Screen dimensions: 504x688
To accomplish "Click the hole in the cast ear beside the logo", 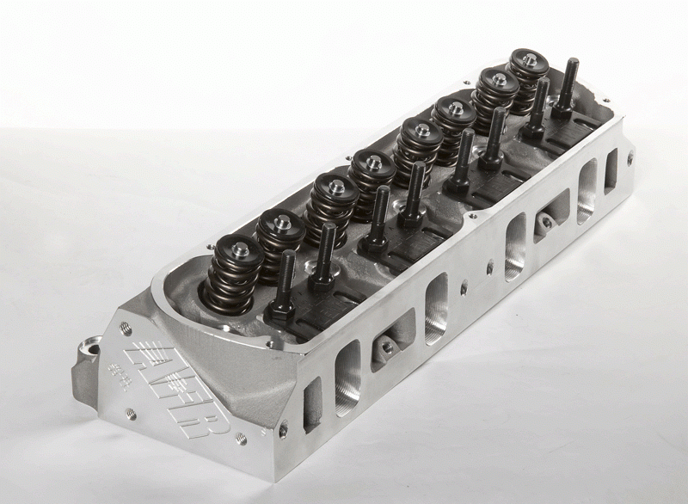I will pos(87,352).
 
